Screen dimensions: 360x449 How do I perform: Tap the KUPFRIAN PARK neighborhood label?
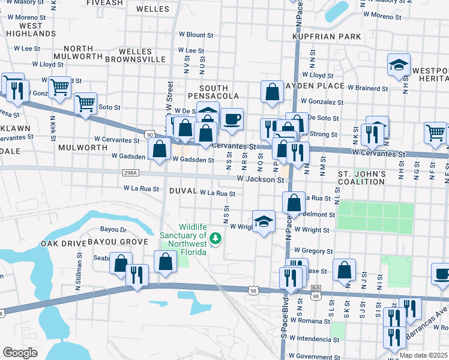[327, 37]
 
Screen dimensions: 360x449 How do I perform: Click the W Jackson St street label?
[260, 179]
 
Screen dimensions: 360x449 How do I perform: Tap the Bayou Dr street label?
[114, 230]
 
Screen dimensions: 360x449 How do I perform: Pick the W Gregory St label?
[313, 251]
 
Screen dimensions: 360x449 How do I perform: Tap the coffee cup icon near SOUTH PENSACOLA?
[231, 118]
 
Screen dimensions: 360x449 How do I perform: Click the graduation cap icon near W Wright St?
[264, 221]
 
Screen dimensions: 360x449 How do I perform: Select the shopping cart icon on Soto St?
[86, 103]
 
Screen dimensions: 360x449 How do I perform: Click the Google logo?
[20, 353]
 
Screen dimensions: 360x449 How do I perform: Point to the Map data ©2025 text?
[423, 355]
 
